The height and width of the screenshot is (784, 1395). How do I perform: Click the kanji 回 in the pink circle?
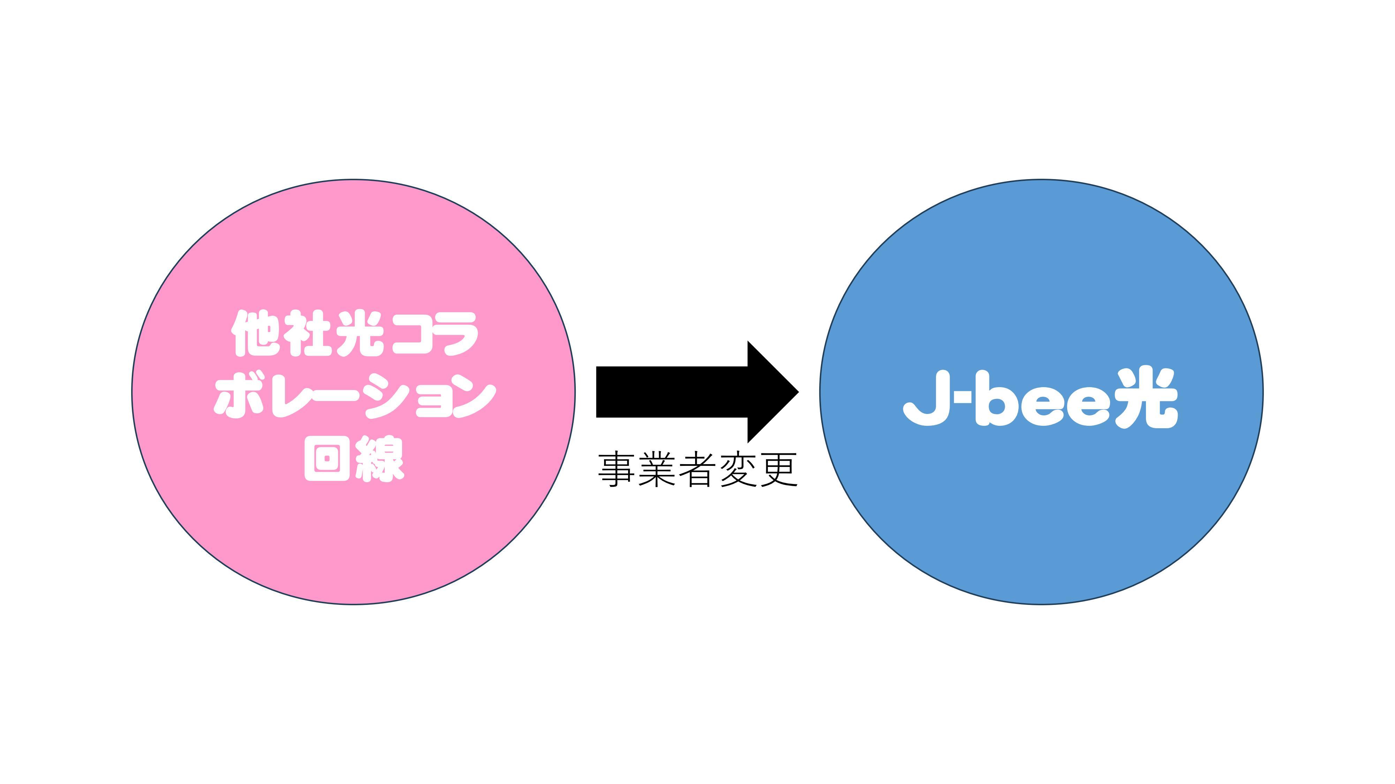pos(326,459)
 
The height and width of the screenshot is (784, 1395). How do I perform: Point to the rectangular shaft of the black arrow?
pos(671,392)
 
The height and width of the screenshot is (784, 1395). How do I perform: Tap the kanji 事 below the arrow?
pos(616,470)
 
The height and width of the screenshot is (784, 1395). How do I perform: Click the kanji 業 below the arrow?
pos(656,470)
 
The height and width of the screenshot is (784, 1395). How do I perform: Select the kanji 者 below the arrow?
pos(697,470)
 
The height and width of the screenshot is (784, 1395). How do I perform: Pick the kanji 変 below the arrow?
pos(738,470)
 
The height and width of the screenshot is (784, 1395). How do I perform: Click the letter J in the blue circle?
pos(927,398)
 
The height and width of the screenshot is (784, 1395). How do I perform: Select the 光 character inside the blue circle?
pos(1148,398)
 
